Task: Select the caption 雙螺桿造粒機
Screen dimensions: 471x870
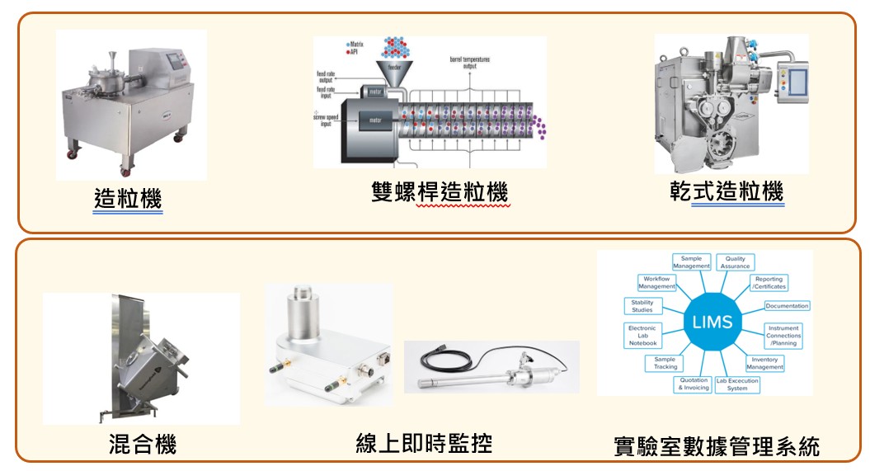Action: coord(439,191)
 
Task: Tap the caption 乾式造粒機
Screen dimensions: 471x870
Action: coord(726,191)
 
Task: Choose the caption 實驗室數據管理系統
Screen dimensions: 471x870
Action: coord(717,446)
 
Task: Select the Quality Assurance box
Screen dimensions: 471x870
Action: coord(735,262)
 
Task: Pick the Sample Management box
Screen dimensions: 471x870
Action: coord(691,262)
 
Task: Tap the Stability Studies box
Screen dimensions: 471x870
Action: coord(642,306)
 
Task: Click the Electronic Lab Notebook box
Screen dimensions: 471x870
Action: coord(642,335)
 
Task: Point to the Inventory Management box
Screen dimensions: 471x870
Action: coord(765,363)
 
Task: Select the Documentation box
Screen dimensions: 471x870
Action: coord(787,306)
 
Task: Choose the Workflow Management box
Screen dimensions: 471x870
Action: coord(657,283)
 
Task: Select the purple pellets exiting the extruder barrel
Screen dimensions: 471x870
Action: coord(542,125)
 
